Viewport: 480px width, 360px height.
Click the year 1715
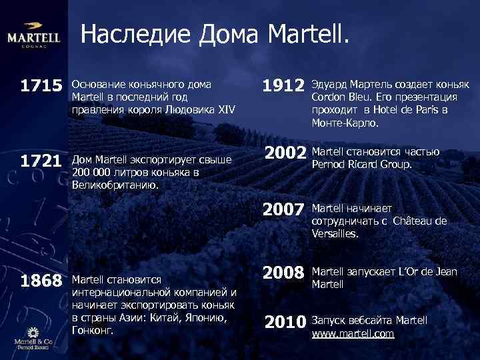(41, 87)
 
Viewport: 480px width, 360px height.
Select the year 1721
(41, 161)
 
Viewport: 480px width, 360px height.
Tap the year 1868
(41, 280)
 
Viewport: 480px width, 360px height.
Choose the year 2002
(287, 153)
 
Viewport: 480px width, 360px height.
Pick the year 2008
(287, 273)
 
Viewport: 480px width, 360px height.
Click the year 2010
(287, 323)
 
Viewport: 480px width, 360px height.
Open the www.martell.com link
(353, 333)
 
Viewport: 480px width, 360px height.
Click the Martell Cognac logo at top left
(33, 38)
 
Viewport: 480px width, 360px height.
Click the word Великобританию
(115, 185)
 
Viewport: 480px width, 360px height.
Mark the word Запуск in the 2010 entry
(328, 321)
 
